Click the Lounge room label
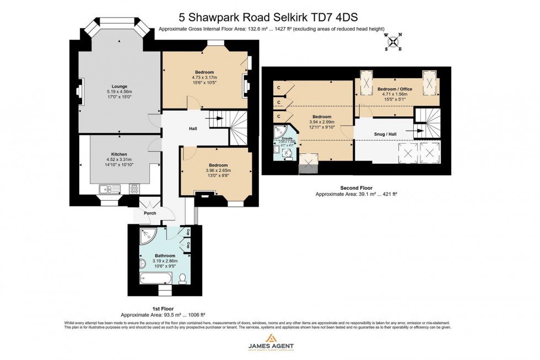[x=120, y=87]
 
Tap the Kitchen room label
[x=119, y=154]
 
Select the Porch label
[x=149, y=213]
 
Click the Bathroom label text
[x=165, y=256]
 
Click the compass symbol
[x=393, y=41]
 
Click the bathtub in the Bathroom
[x=156, y=277]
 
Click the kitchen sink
[x=107, y=189]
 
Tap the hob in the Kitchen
[x=134, y=189]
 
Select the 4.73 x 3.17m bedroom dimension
[x=204, y=78]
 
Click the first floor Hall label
[x=193, y=128]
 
